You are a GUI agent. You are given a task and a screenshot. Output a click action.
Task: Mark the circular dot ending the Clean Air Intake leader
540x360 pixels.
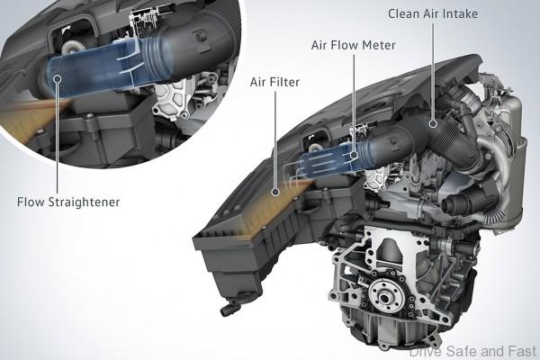[x=434, y=122]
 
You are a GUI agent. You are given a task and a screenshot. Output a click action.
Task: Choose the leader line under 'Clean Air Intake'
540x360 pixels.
[x=434, y=72]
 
